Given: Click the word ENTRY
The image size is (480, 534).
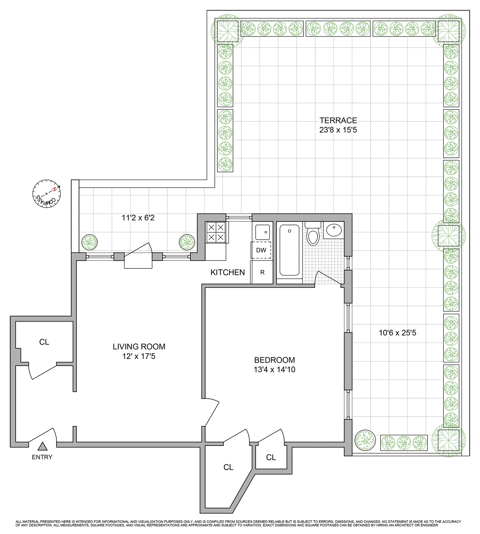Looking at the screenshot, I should coord(42,457).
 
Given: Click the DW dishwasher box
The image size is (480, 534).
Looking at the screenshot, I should coord(261,250).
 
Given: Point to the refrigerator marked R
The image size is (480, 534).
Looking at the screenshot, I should coord(262,272).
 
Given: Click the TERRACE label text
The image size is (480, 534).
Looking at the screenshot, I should coord(338,120).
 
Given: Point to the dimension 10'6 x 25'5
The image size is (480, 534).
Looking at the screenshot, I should coord(397,333).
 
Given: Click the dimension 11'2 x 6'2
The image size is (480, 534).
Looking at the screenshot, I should coord(138,218).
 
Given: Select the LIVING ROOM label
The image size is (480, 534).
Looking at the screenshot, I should coord(139,346).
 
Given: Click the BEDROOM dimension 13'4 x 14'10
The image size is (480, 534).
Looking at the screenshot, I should coord(274,370).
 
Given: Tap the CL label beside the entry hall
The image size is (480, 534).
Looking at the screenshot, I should coord(44,342).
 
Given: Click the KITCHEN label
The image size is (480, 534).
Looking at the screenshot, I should coord(228,272).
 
